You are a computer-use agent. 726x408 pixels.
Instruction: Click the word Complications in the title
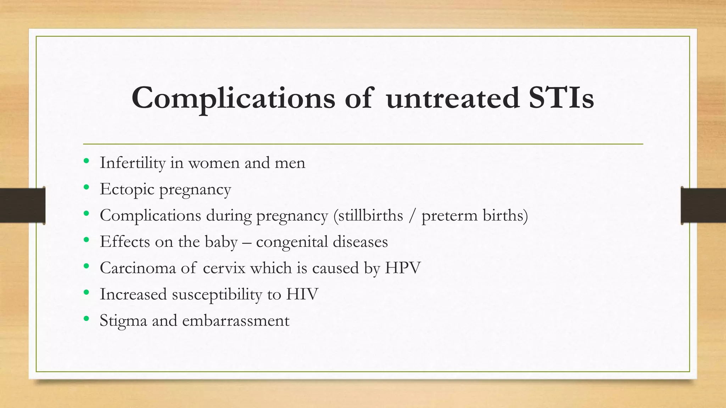tap(233, 98)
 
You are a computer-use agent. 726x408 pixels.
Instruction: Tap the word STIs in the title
tap(561, 98)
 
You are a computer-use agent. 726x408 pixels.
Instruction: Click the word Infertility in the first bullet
tap(133, 163)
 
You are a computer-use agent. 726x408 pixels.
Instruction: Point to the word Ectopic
tap(127, 189)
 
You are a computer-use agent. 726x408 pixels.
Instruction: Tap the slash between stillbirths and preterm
tap(412, 215)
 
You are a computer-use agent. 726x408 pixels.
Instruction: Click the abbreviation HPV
tap(403, 268)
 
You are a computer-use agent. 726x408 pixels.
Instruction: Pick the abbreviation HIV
tap(302, 294)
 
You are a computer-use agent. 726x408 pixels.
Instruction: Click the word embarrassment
tap(236, 321)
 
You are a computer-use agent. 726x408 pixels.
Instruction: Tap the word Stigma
tap(123, 321)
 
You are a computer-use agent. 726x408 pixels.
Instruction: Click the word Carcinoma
tap(138, 268)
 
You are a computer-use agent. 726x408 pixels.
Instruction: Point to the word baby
tap(221, 242)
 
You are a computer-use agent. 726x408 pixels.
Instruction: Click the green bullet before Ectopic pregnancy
tap(86, 187)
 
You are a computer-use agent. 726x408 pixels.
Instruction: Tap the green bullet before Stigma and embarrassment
tap(86, 319)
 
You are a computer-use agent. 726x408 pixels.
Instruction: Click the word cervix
tap(224, 268)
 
